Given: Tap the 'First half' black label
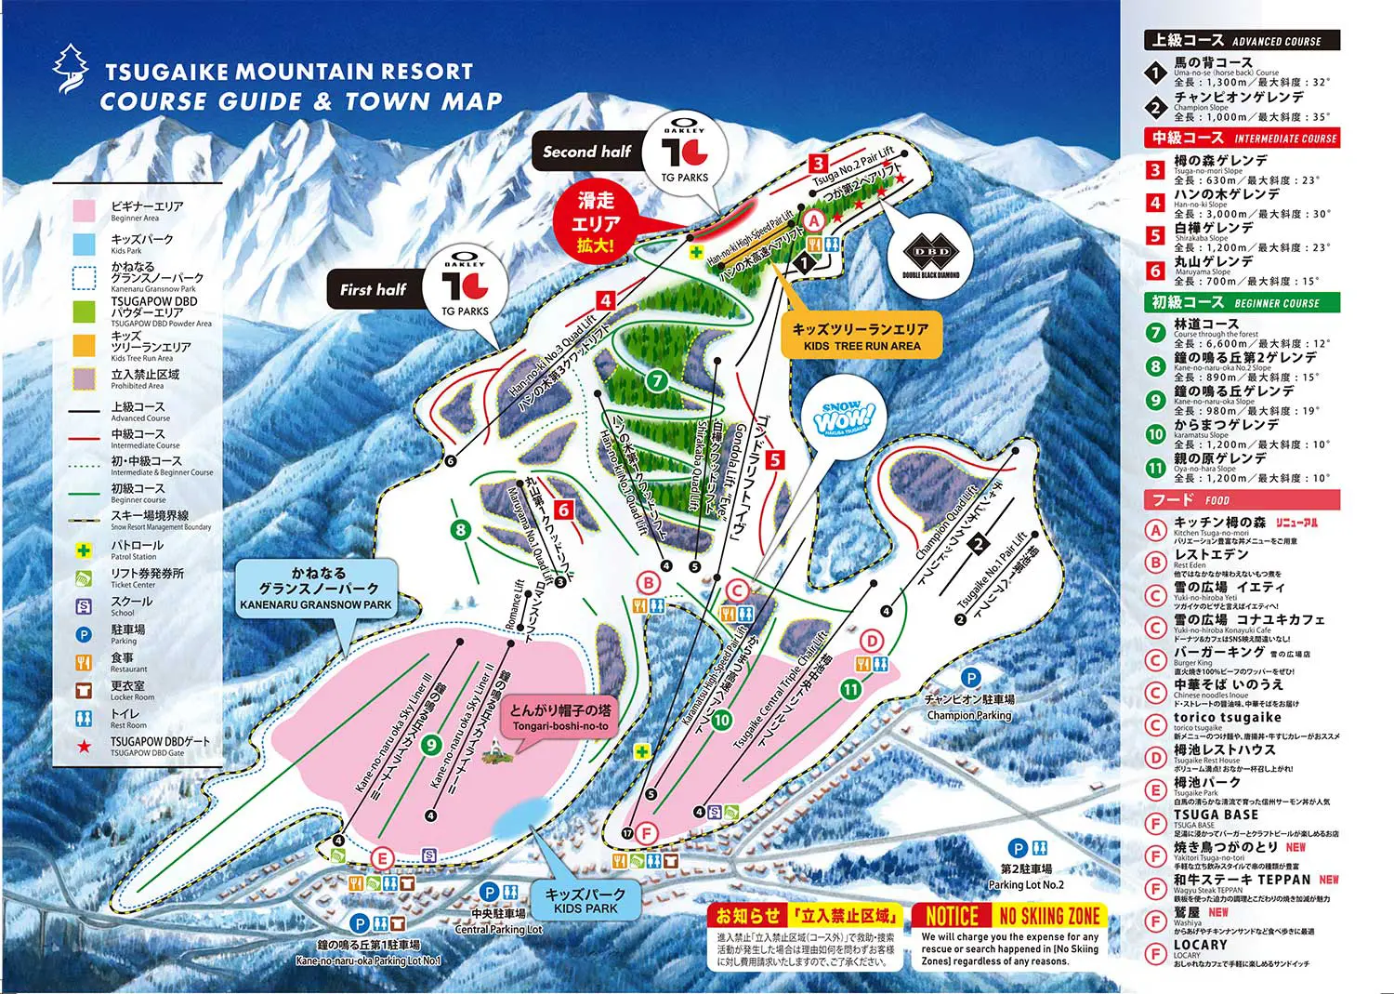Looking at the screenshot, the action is pos(374,289).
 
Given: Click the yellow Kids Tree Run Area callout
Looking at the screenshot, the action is pos(861,337).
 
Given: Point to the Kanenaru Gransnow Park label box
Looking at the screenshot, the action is pos(317,589).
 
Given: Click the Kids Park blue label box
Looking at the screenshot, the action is pos(585,899).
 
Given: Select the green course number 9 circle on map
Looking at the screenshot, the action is pos(430,744).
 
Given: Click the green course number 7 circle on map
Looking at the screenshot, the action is pos(657,380).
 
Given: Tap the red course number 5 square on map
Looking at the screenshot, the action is pos(775,459).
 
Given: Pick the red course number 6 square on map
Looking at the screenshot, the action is pos(563,510).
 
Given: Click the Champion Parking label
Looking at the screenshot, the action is pos(969,707).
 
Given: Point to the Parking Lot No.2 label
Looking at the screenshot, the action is pos(1025,877).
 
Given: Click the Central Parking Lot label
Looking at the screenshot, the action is pos(498,921).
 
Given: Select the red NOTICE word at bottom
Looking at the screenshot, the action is pos(952,916).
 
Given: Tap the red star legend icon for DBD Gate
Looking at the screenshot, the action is pos(85,746).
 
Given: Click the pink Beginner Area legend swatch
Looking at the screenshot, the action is pos(85,211).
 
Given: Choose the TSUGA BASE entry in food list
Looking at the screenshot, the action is pos(1216,815).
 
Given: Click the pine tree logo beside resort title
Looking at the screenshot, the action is pos(71,70).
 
